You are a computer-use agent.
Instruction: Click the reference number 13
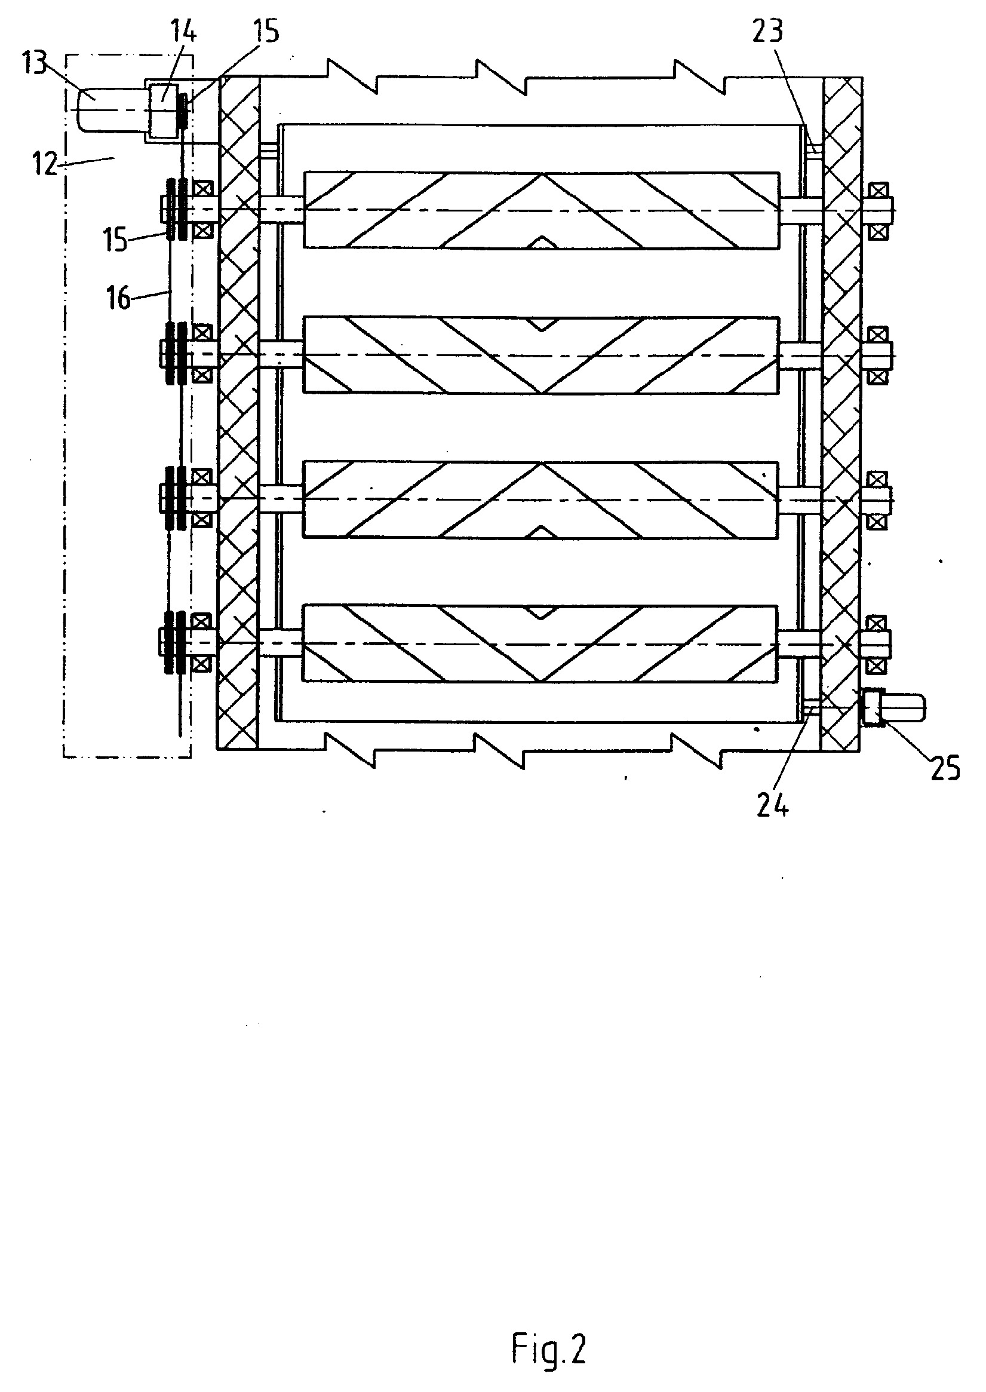(x=34, y=63)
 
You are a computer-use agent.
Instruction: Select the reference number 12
(x=45, y=163)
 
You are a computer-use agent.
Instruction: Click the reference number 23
(x=767, y=30)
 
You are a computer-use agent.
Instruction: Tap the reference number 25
(x=945, y=768)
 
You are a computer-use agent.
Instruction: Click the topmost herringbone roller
(x=541, y=210)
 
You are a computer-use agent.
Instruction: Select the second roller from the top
(x=541, y=355)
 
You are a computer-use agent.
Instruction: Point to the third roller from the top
(x=541, y=499)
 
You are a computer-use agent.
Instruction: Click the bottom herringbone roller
(x=541, y=643)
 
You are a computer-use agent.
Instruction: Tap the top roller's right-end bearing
(x=876, y=210)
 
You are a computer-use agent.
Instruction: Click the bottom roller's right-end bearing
(x=876, y=644)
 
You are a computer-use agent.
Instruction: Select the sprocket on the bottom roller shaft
(x=173, y=643)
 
